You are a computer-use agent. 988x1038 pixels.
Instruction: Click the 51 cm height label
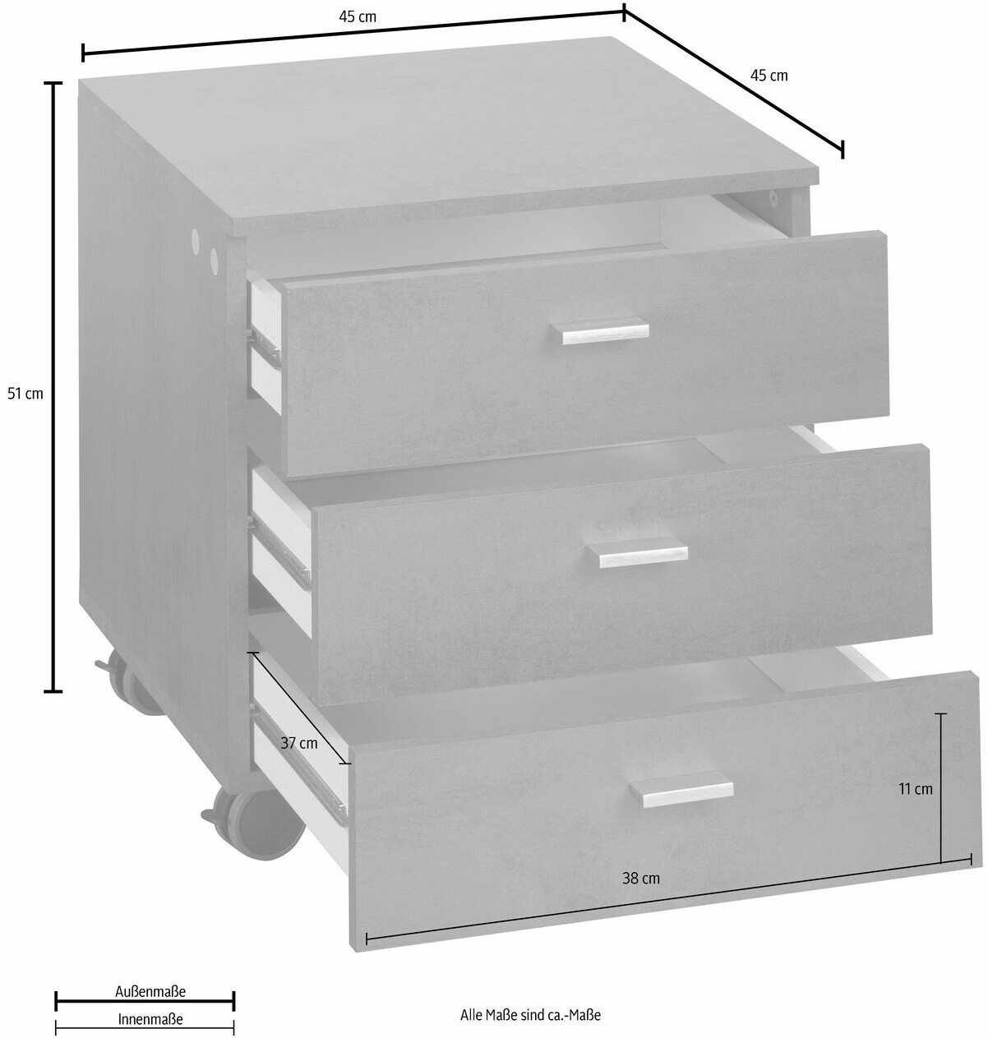[x=25, y=394]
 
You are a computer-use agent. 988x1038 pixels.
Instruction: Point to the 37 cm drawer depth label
[x=299, y=744]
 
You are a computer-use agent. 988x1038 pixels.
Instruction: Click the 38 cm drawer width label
[x=641, y=879]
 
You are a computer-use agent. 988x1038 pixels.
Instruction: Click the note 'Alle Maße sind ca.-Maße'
[x=531, y=1015]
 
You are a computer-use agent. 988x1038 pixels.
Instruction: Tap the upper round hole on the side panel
[x=196, y=238]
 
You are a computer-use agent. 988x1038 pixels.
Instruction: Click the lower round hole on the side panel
[x=214, y=259]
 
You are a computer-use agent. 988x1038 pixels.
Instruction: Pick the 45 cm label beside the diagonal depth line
[x=769, y=76]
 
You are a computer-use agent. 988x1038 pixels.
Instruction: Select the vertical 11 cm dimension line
[x=941, y=788]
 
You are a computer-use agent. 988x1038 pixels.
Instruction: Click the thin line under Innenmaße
[x=145, y=1028]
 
